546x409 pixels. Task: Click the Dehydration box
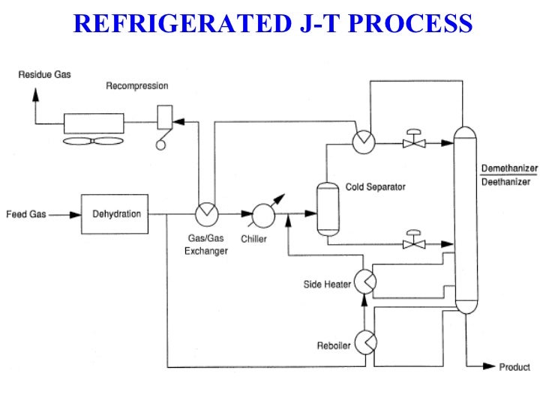click(116, 213)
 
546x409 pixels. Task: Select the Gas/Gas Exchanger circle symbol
click(205, 213)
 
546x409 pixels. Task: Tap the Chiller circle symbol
click(264, 214)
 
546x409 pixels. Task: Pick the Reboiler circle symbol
click(364, 342)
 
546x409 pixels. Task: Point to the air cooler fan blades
click(94, 141)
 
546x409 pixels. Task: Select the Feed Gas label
click(26, 214)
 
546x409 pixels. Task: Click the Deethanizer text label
click(505, 181)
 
